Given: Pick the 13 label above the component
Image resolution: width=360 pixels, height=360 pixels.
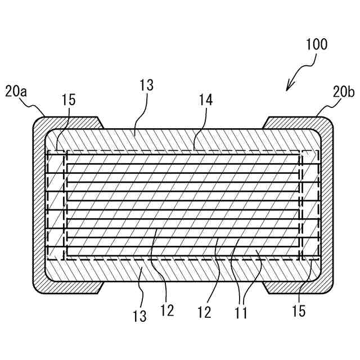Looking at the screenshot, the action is pyautogui.click(x=146, y=85).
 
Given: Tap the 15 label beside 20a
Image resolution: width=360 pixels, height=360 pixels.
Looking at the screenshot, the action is pyautogui.click(x=68, y=100).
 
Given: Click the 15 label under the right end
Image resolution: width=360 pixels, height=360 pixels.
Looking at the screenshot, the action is pyautogui.click(x=299, y=310).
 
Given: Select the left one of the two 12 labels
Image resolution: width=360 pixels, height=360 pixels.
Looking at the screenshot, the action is pyautogui.click(x=167, y=310).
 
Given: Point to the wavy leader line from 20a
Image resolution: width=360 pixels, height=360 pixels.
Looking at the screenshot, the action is pyautogui.click(x=35, y=107).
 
